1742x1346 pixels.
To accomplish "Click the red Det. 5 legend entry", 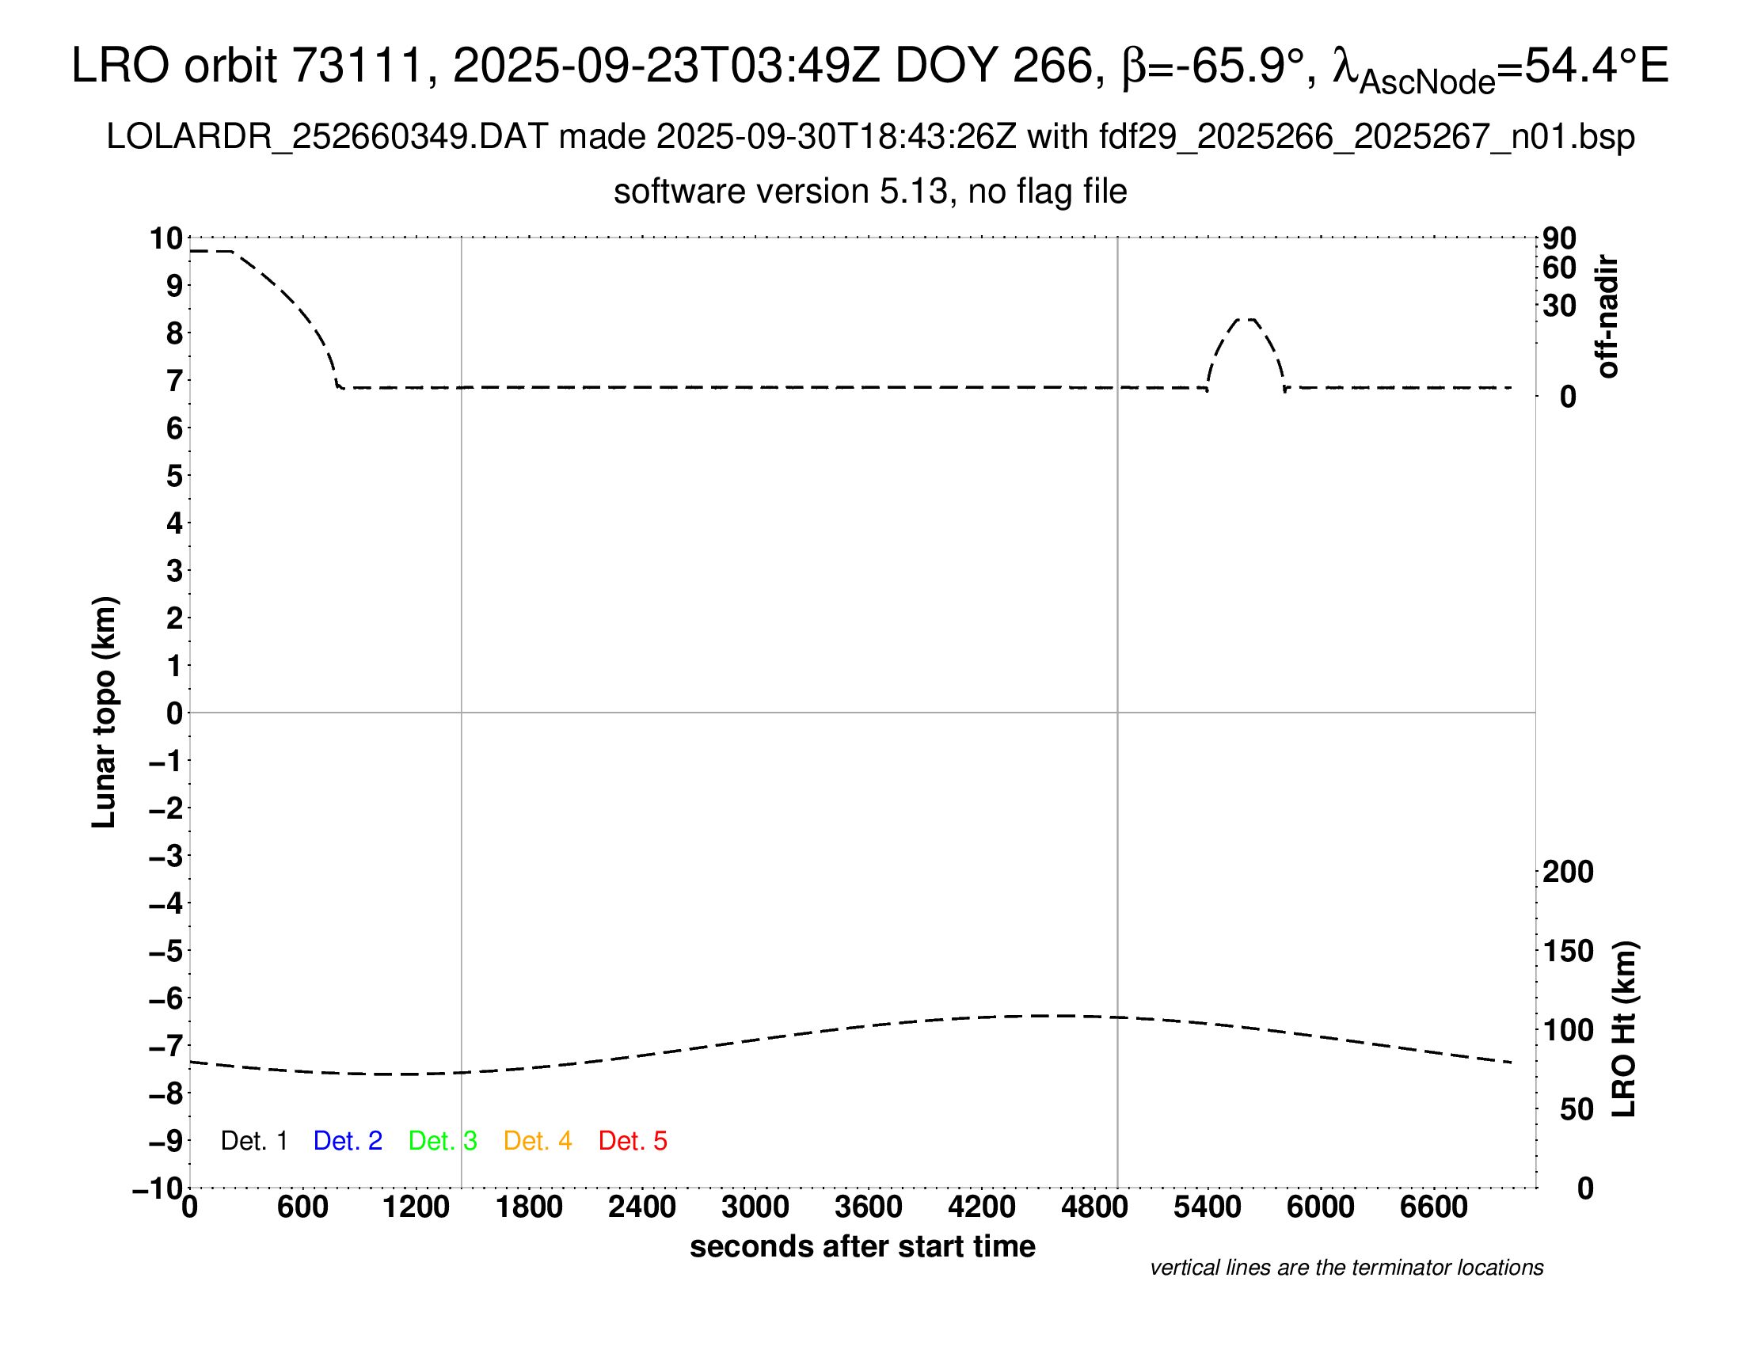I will click(x=633, y=1141).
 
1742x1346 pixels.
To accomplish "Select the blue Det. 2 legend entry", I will click(x=348, y=1141).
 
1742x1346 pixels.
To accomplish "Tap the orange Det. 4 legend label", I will click(x=538, y=1141).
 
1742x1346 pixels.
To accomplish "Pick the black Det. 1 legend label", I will click(x=253, y=1141).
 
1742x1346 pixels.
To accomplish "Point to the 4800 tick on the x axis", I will click(x=1094, y=1207).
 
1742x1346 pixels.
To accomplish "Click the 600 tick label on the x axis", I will click(x=302, y=1207).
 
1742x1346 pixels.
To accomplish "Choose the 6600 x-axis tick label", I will click(x=1433, y=1207).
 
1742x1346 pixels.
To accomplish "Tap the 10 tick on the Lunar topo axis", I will click(x=167, y=238).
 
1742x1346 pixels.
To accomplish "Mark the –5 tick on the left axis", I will click(x=165, y=951).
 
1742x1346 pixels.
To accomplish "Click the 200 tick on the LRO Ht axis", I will click(x=1568, y=872).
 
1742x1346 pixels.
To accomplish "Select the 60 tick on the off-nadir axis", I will click(x=1559, y=268).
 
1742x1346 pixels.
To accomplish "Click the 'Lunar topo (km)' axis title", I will click(x=105, y=712).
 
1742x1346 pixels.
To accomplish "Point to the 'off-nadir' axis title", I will click(x=1607, y=317).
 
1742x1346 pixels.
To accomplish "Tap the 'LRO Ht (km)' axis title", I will click(x=1624, y=1029).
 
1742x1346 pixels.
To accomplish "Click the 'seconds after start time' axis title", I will click(x=862, y=1246).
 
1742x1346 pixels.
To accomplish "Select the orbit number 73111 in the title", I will click(x=356, y=66).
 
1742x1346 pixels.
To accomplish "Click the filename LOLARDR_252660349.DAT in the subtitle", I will click(x=327, y=137).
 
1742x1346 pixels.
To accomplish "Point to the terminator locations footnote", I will click(x=1346, y=1268).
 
